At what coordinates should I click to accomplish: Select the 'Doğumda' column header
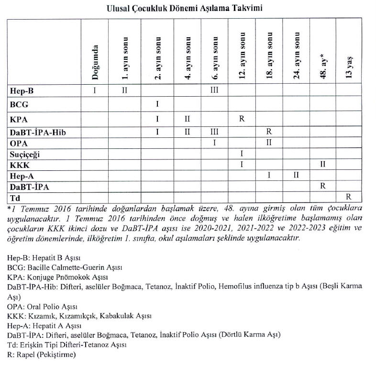95,62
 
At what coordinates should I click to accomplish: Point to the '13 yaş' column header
349,67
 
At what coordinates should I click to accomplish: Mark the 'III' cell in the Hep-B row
215,89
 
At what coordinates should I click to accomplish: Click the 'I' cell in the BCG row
157,103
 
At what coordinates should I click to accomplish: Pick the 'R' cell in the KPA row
242,118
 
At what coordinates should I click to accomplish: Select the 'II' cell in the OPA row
269,143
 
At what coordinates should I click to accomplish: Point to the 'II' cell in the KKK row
323,164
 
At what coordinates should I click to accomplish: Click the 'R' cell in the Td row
350,196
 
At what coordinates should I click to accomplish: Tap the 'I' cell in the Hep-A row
269,175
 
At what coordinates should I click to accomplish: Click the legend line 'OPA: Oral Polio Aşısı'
43,306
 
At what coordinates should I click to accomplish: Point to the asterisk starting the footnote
9,208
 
